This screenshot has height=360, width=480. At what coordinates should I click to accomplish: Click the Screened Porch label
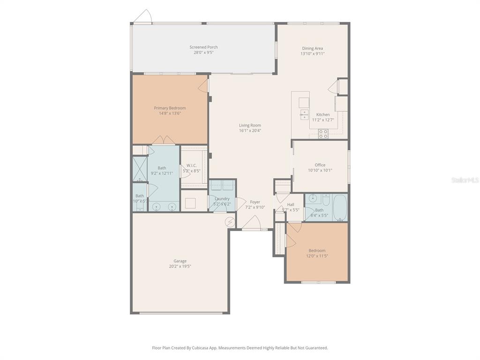[x=203, y=47]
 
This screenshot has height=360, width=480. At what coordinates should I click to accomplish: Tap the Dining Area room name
[x=312, y=48]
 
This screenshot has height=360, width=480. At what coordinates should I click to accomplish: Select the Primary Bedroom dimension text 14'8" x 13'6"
[x=170, y=113]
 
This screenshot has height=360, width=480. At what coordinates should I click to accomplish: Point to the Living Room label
[x=250, y=125]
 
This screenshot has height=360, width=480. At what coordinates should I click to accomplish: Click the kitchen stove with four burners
[x=323, y=134]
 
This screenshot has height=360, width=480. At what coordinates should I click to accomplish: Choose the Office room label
[x=320, y=165]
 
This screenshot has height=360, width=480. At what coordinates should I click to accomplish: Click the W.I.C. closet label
[x=192, y=165]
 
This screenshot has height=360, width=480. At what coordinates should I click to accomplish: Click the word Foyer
[x=255, y=202]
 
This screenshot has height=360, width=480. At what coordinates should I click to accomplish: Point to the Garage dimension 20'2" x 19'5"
[x=180, y=266]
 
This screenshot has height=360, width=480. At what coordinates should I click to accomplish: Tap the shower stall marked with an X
[x=140, y=169]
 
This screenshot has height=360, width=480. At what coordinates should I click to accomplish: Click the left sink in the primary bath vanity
[x=157, y=206]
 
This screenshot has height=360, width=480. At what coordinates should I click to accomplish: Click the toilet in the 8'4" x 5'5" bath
[x=326, y=199]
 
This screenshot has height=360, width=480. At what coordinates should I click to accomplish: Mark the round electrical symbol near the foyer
[x=230, y=222]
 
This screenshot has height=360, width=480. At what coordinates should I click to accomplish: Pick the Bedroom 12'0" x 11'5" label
[x=317, y=250]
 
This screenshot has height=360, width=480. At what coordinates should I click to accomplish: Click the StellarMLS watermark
[x=465, y=180]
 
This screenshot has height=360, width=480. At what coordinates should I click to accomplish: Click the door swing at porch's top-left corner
[x=142, y=17]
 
